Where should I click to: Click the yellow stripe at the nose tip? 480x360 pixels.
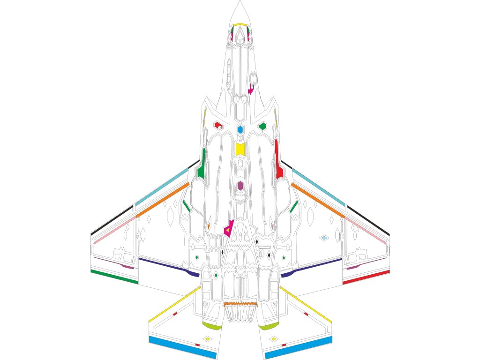pos(240,24)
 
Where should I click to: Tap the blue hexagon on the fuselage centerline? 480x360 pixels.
pos(240,129)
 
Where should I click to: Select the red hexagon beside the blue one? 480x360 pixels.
pos(217,125)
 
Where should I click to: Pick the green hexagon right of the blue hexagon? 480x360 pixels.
pos(262,126)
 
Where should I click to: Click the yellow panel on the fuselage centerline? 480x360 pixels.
pos(240,149)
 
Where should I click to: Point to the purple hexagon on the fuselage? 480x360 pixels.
pos(240,186)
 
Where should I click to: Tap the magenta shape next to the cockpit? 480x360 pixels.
pos(251,89)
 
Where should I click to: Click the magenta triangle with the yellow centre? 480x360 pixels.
pos(228,229)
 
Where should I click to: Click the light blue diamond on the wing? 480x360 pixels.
pos(324,238)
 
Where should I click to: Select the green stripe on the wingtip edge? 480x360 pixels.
pos(114,277)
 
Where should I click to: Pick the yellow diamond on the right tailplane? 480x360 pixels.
pos(273,338)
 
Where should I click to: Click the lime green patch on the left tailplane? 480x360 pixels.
pos(212,325)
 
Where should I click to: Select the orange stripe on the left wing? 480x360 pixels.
pos(162,201)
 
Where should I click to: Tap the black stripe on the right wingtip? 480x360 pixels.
pos(368,220)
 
